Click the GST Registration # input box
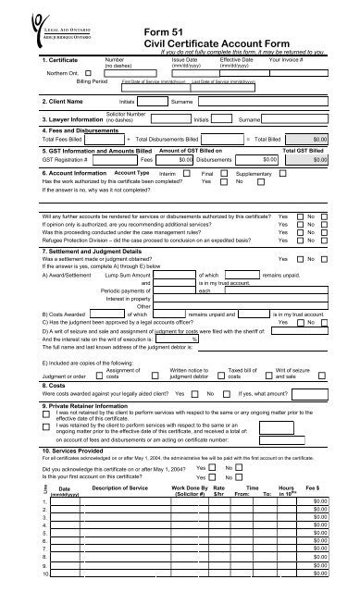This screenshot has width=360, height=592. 101,158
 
